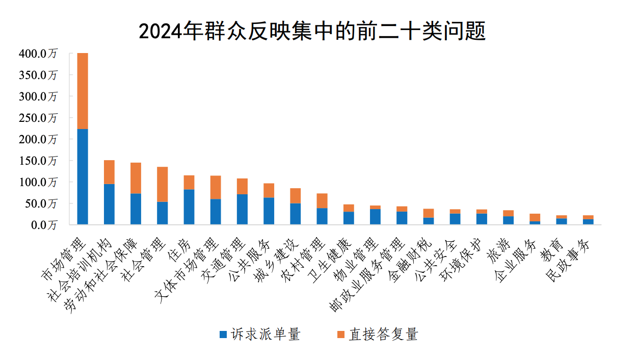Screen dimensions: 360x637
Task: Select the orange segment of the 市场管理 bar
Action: [x=83, y=91]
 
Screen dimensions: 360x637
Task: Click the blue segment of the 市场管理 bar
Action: [x=83, y=176]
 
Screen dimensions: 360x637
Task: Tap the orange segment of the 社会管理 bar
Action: [x=162, y=184]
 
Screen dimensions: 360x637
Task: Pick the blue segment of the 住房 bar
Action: [x=189, y=207]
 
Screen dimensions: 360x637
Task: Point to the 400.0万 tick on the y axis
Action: [x=38, y=54]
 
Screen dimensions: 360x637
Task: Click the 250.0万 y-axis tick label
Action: [x=38, y=118]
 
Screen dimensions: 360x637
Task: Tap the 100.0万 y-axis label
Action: [x=38, y=182]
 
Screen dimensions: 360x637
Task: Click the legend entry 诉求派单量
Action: [x=260, y=335]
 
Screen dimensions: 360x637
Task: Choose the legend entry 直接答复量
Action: [x=378, y=335]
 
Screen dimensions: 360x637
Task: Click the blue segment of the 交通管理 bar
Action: [x=242, y=209]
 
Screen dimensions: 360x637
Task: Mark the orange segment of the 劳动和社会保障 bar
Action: [x=136, y=178]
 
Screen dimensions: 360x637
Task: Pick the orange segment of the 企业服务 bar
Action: [x=535, y=217]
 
